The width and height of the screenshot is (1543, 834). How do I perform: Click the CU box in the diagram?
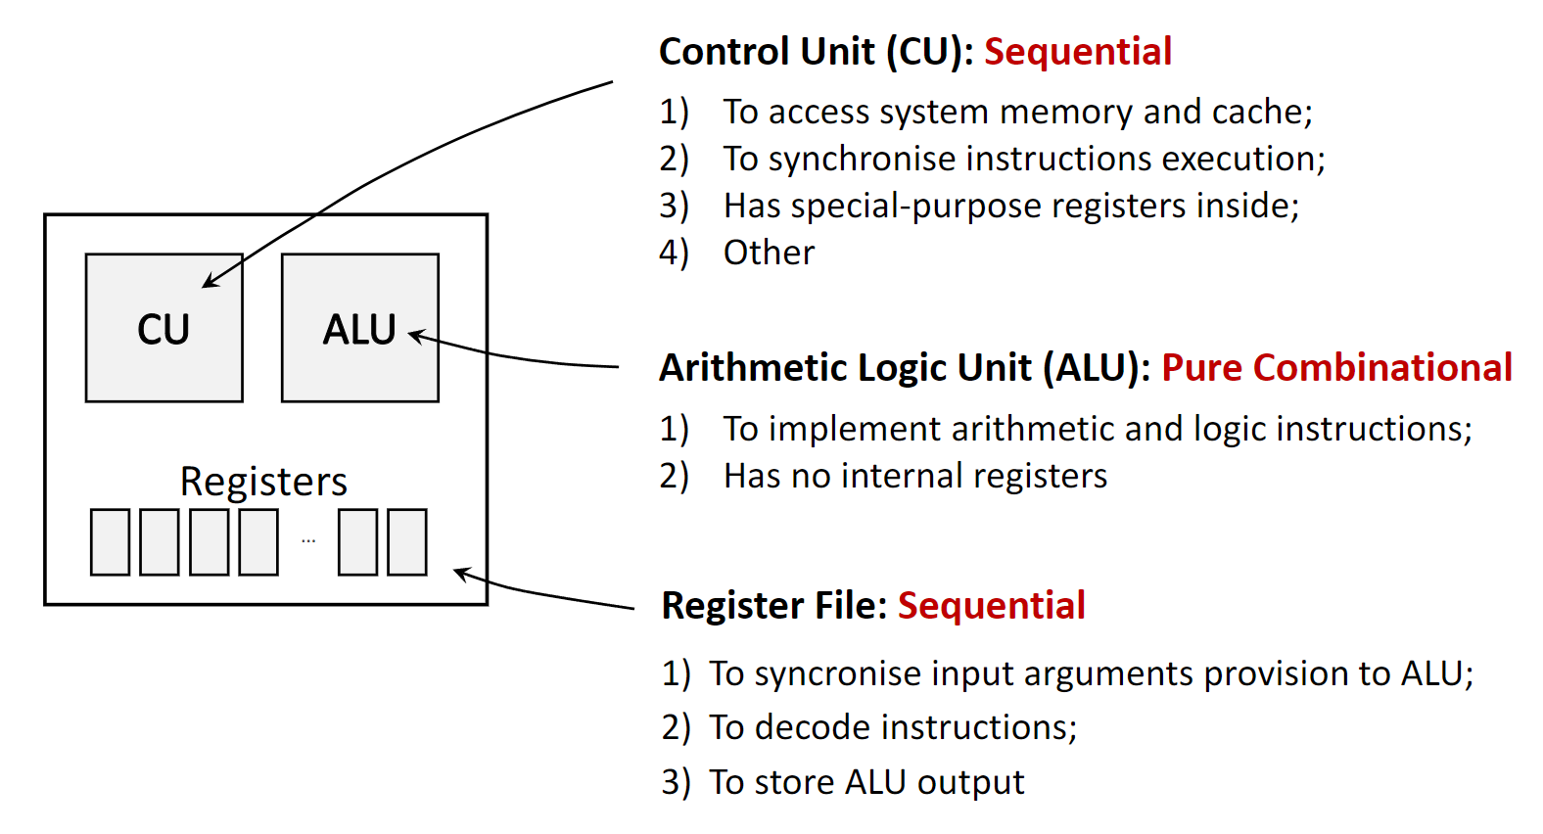point(164,329)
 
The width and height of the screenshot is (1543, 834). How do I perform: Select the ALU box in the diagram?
point(359,329)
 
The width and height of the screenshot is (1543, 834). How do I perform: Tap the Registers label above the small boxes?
point(263,482)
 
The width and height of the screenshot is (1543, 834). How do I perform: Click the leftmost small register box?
point(110,542)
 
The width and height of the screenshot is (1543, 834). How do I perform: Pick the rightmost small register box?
point(407,542)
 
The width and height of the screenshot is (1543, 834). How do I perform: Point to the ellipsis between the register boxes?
point(308,540)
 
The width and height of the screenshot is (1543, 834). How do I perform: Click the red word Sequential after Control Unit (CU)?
point(1077,52)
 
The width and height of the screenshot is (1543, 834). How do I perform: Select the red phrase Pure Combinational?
point(1336,368)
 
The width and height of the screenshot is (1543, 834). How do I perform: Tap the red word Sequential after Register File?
point(991,606)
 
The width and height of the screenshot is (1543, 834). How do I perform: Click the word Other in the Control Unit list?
point(769,253)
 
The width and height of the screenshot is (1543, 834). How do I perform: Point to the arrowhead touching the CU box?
point(209,283)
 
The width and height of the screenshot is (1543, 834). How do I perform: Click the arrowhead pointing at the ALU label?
point(415,336)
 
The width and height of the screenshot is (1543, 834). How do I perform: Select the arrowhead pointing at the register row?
point(461,572)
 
